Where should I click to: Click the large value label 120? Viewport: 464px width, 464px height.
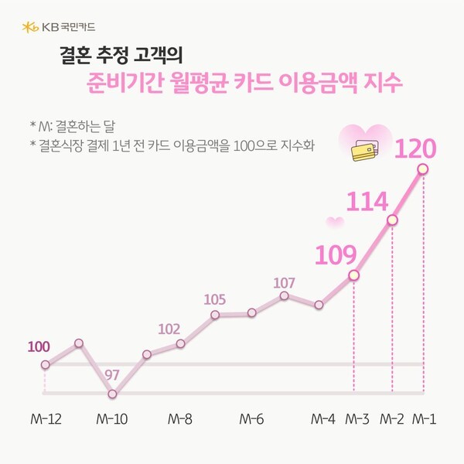pos(416,148)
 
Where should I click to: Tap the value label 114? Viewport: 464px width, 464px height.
pos(367,202)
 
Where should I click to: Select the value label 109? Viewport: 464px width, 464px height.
pos(335,254)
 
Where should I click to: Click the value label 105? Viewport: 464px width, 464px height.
pos(216,299)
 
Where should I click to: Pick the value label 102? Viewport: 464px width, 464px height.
pos(169,329)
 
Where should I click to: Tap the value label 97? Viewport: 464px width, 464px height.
pos(112,375)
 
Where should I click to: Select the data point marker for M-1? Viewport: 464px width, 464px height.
pos(423,168)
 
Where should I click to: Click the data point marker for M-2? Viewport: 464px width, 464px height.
pos(392,220)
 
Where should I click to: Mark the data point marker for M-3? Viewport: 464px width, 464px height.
pos(353,275)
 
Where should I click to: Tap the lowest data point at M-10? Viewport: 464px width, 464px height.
pos(112,394)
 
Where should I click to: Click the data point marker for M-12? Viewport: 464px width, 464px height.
pos(45,364)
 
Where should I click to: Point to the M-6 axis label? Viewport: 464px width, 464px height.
pos(251,420)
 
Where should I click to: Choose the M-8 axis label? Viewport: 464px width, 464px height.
pos(179,420)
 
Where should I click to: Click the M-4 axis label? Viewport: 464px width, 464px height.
pos(322,420)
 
